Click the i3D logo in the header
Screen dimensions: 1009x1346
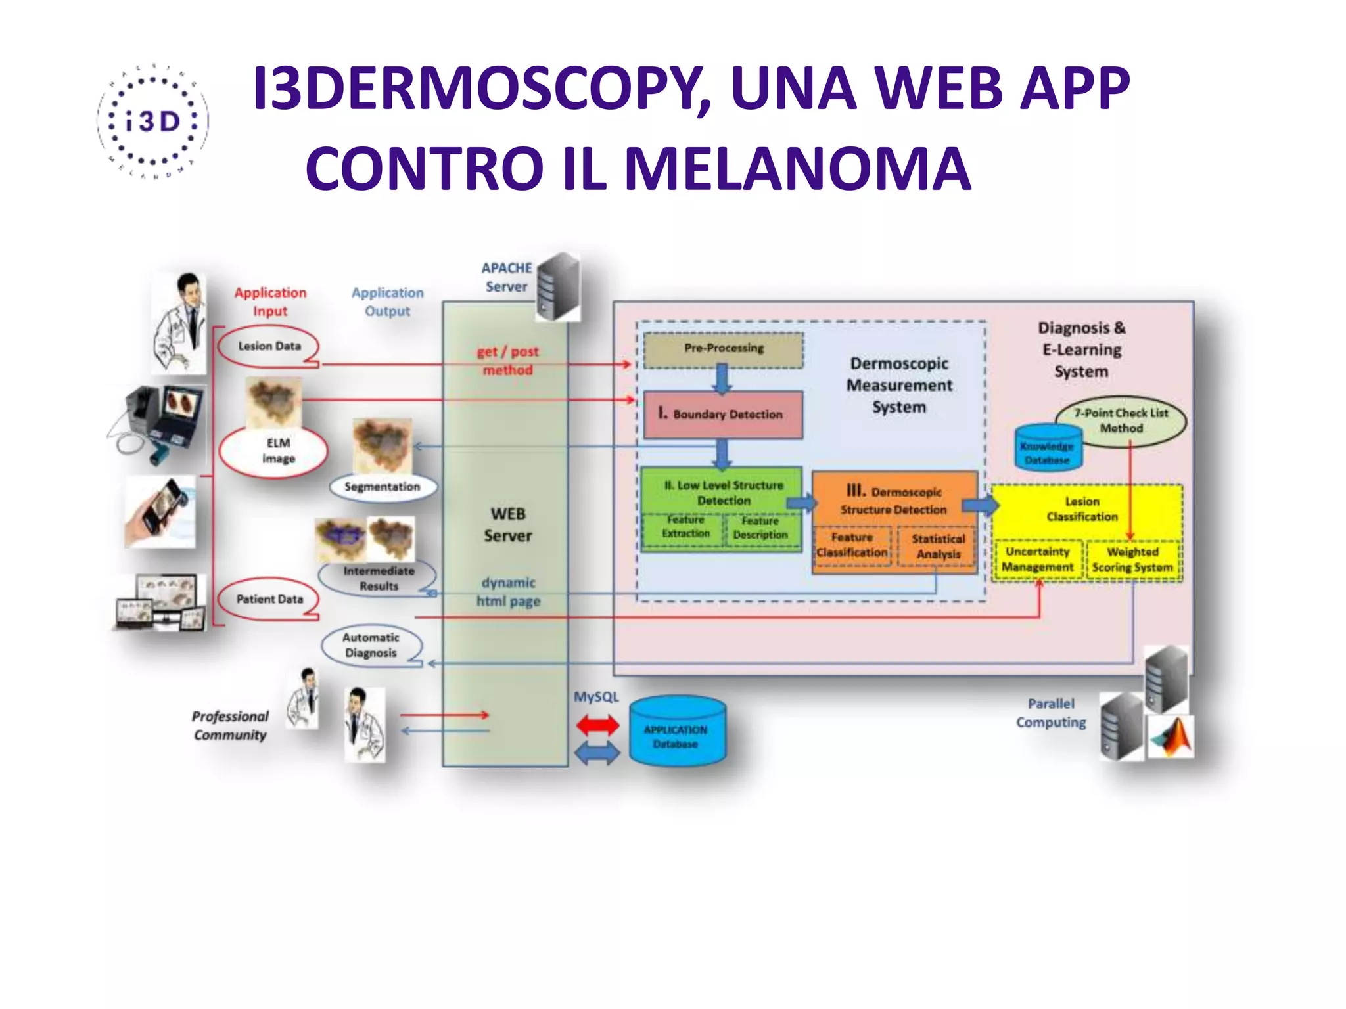point(152,122)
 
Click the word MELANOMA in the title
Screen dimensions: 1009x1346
point(797,169)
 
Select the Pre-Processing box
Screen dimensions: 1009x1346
point(723,349)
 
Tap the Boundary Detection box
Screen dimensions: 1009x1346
point(723,415)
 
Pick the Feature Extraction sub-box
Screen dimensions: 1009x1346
point(685,527)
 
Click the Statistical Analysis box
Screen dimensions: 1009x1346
point(938,547)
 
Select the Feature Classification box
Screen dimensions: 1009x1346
point(852,545)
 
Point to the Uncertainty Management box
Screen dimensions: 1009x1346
point(1037,560)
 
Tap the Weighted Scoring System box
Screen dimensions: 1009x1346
point(1132,560)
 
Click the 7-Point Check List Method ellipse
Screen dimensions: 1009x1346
point(1121,421)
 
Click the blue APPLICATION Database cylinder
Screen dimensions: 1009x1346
point(676,732)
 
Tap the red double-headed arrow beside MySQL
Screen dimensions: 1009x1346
point(597,725)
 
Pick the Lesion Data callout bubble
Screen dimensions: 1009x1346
point(269,346)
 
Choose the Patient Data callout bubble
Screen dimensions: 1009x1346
point(269,599)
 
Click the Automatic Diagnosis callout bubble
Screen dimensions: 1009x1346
point(371,645)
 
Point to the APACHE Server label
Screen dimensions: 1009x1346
point(507,277)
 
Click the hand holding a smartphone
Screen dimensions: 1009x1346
point(160,512)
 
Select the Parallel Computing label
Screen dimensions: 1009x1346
point(1051,713)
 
